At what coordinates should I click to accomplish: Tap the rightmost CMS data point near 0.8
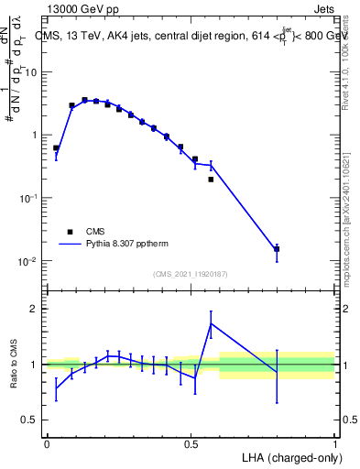pos(277,248)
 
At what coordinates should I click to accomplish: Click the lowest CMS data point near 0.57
pos(211,180)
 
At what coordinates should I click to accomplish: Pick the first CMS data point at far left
pos(56,147)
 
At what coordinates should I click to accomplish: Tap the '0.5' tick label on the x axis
pos(191,443)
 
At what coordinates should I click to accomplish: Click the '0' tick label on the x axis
pos(47,443)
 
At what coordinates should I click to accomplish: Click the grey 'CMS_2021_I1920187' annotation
pos(191,274)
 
